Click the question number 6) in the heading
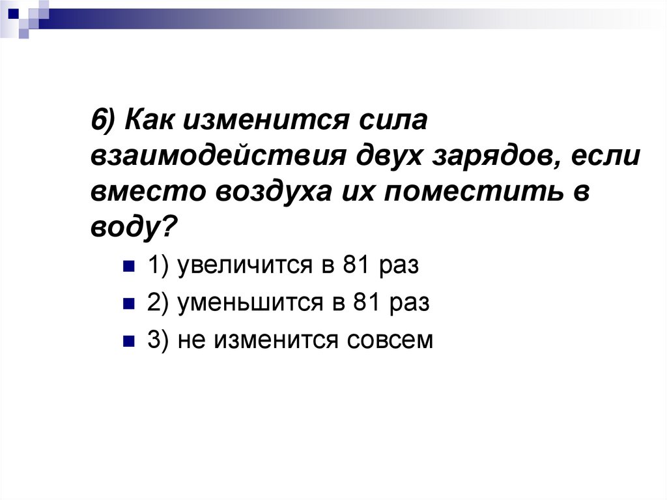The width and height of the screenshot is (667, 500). pyautogui.click(x=104, y=121)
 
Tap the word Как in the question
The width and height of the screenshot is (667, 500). pyautogui.click(x=149, y=121)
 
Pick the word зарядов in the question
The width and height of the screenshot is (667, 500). pyautogui.click(x=492, y=158)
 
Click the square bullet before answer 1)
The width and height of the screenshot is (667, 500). pyautogui.click(x=128, y=267)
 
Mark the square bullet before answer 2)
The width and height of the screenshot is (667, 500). pyautogui.click(x=128, y=304)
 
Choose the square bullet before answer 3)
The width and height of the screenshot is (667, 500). pyautogui.click(x=128, y=340)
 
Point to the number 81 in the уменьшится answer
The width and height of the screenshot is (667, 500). pyautogui.click(x=365, y=304)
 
